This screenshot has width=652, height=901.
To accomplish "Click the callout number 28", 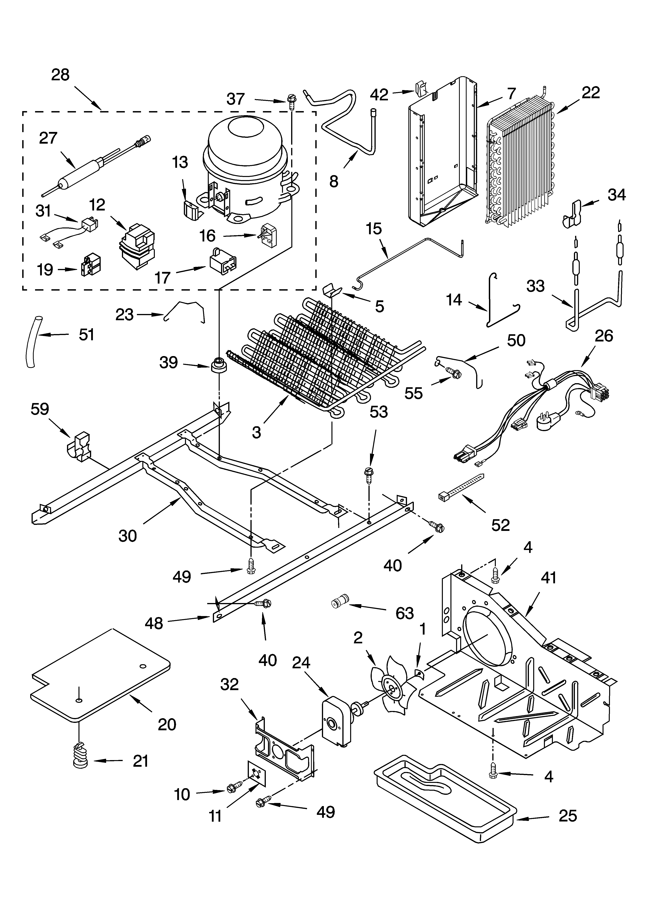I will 60,75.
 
